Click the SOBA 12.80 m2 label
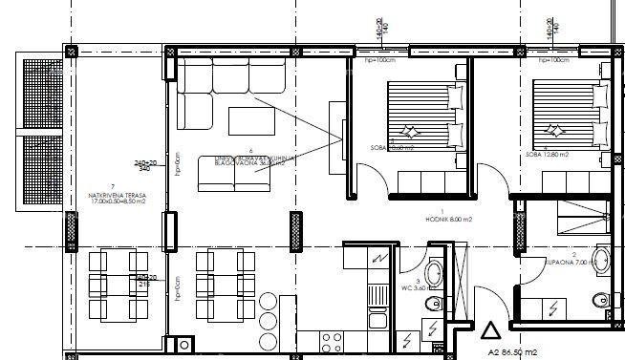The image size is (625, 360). (546, 155)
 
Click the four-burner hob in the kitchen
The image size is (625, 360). (334, 341)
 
